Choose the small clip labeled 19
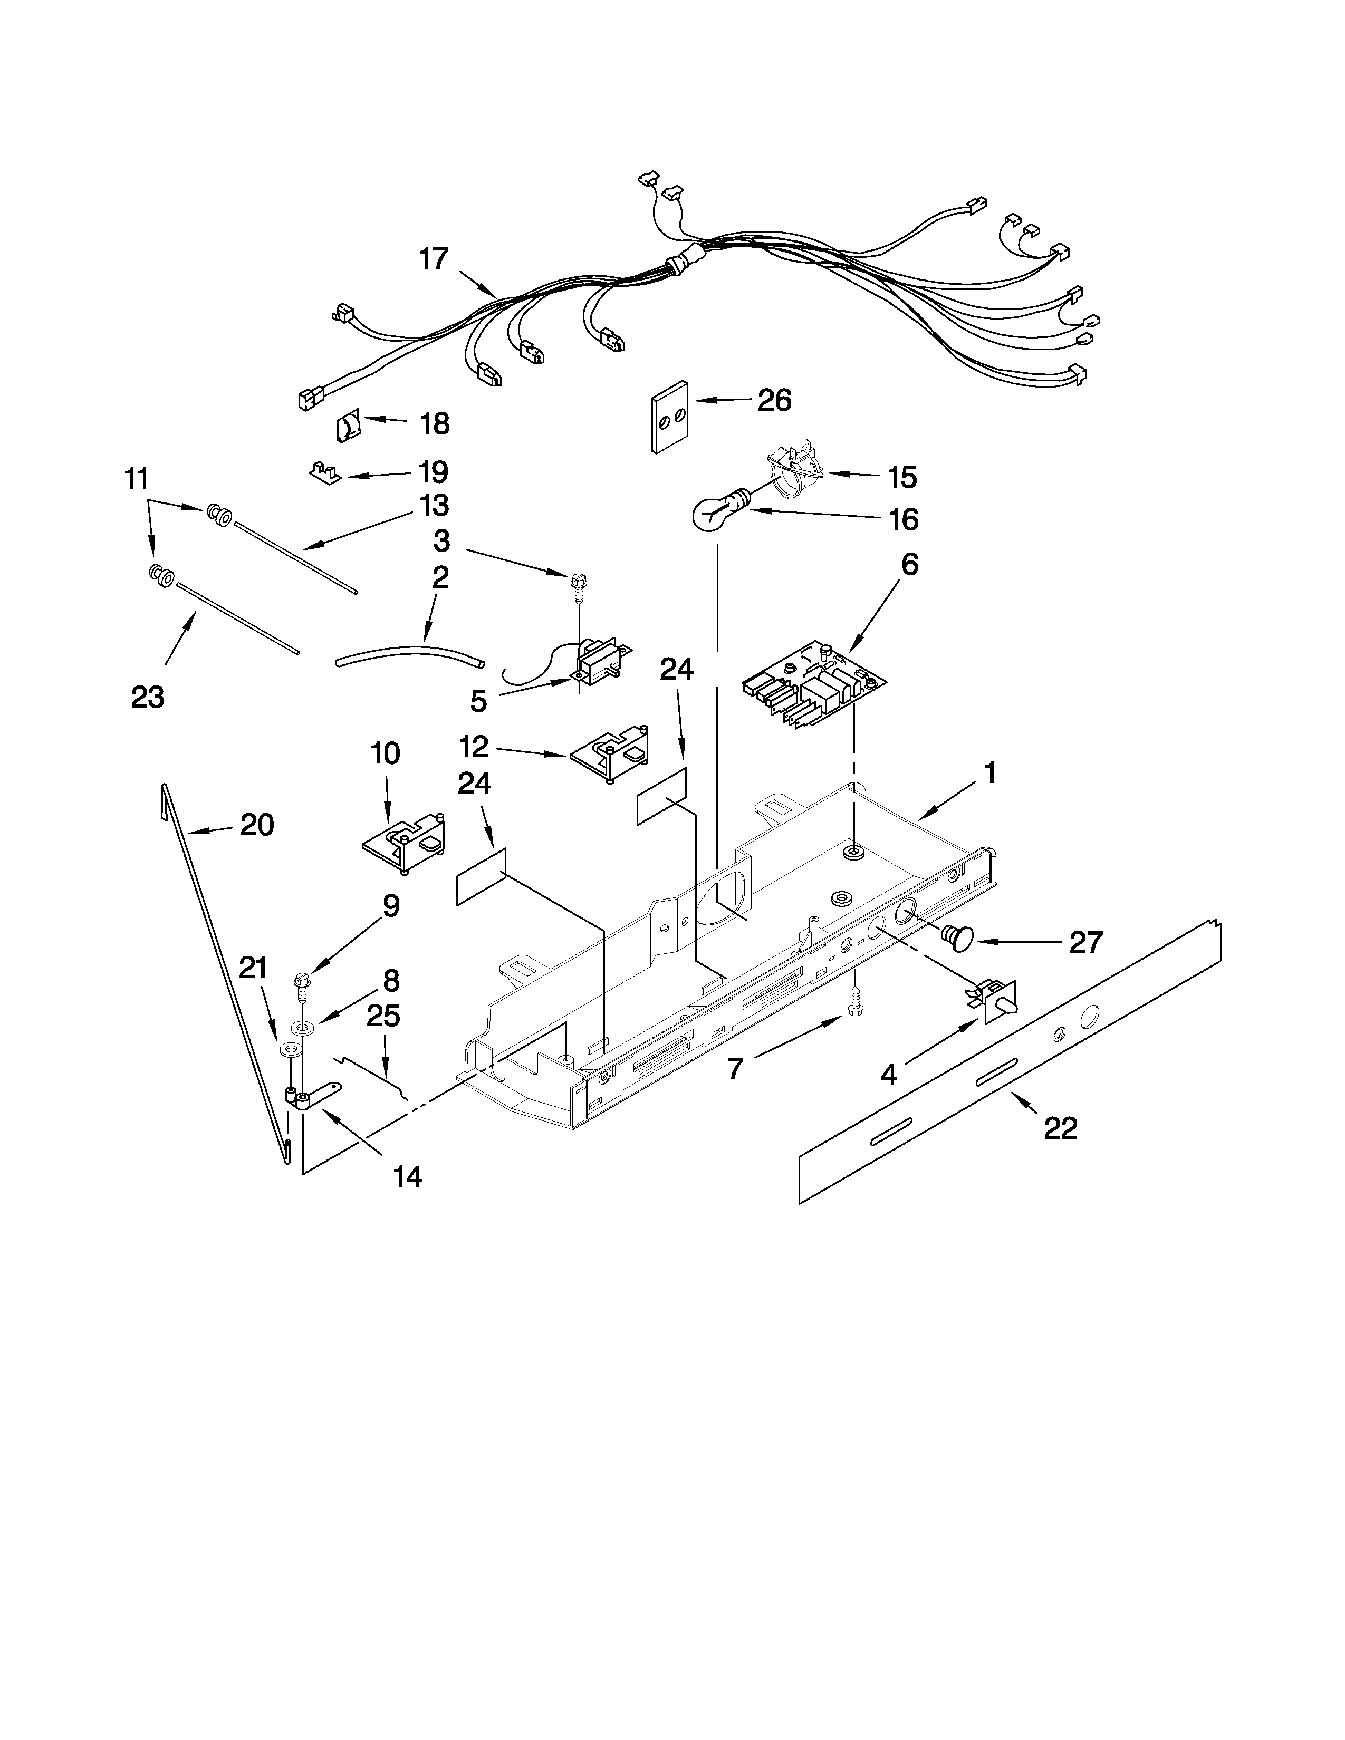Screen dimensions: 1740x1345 [324, 472]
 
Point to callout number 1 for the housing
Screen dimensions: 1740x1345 [989, 773]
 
